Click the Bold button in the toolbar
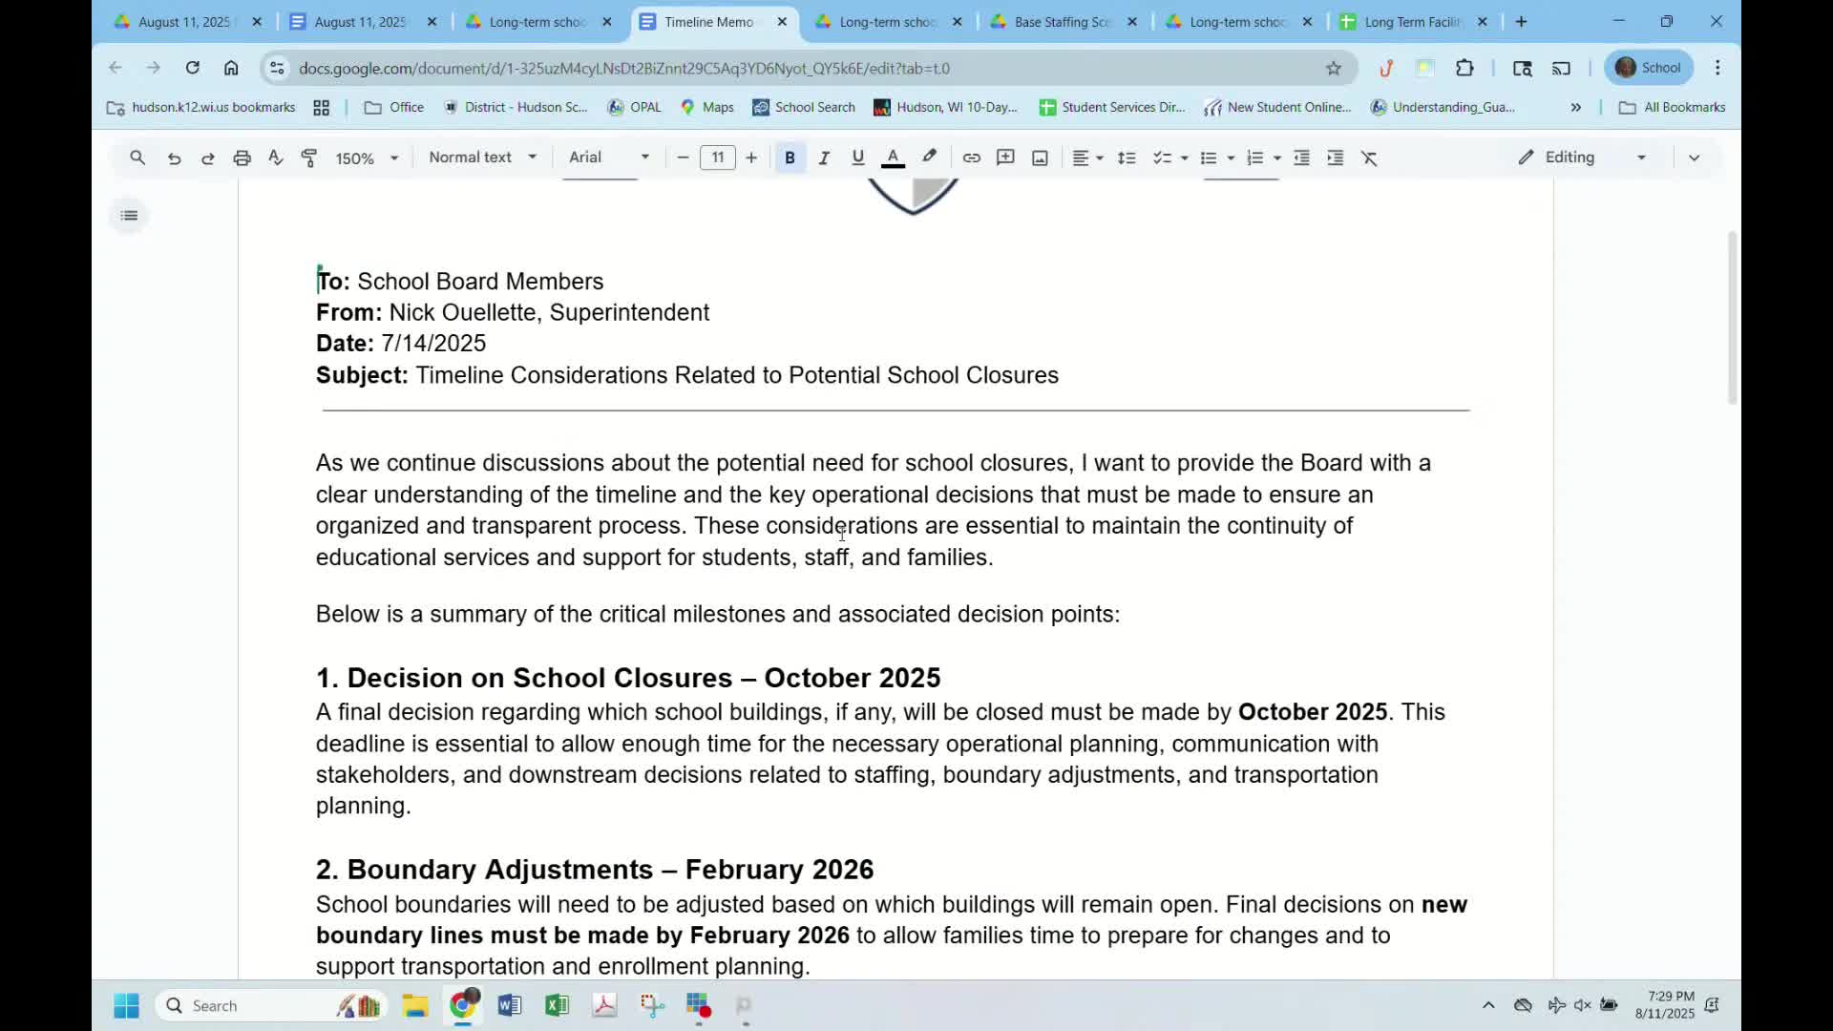(790, 158)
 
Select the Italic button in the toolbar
(824, 158)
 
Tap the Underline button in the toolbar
(857, 158)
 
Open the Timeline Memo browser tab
(708, 22)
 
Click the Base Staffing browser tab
(1062, 22)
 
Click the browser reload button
(193, 68)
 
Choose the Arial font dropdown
(608, 158)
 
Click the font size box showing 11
(717, 158)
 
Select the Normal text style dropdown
(482, 158)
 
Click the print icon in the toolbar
(242, 158)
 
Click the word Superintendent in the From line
(629, 312)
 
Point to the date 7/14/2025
(433, 343)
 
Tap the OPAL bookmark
(635, 107)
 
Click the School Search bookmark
(804, 107)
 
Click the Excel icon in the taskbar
(557, 1005)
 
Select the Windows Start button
(126, 1005)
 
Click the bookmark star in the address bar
(1334, 68)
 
